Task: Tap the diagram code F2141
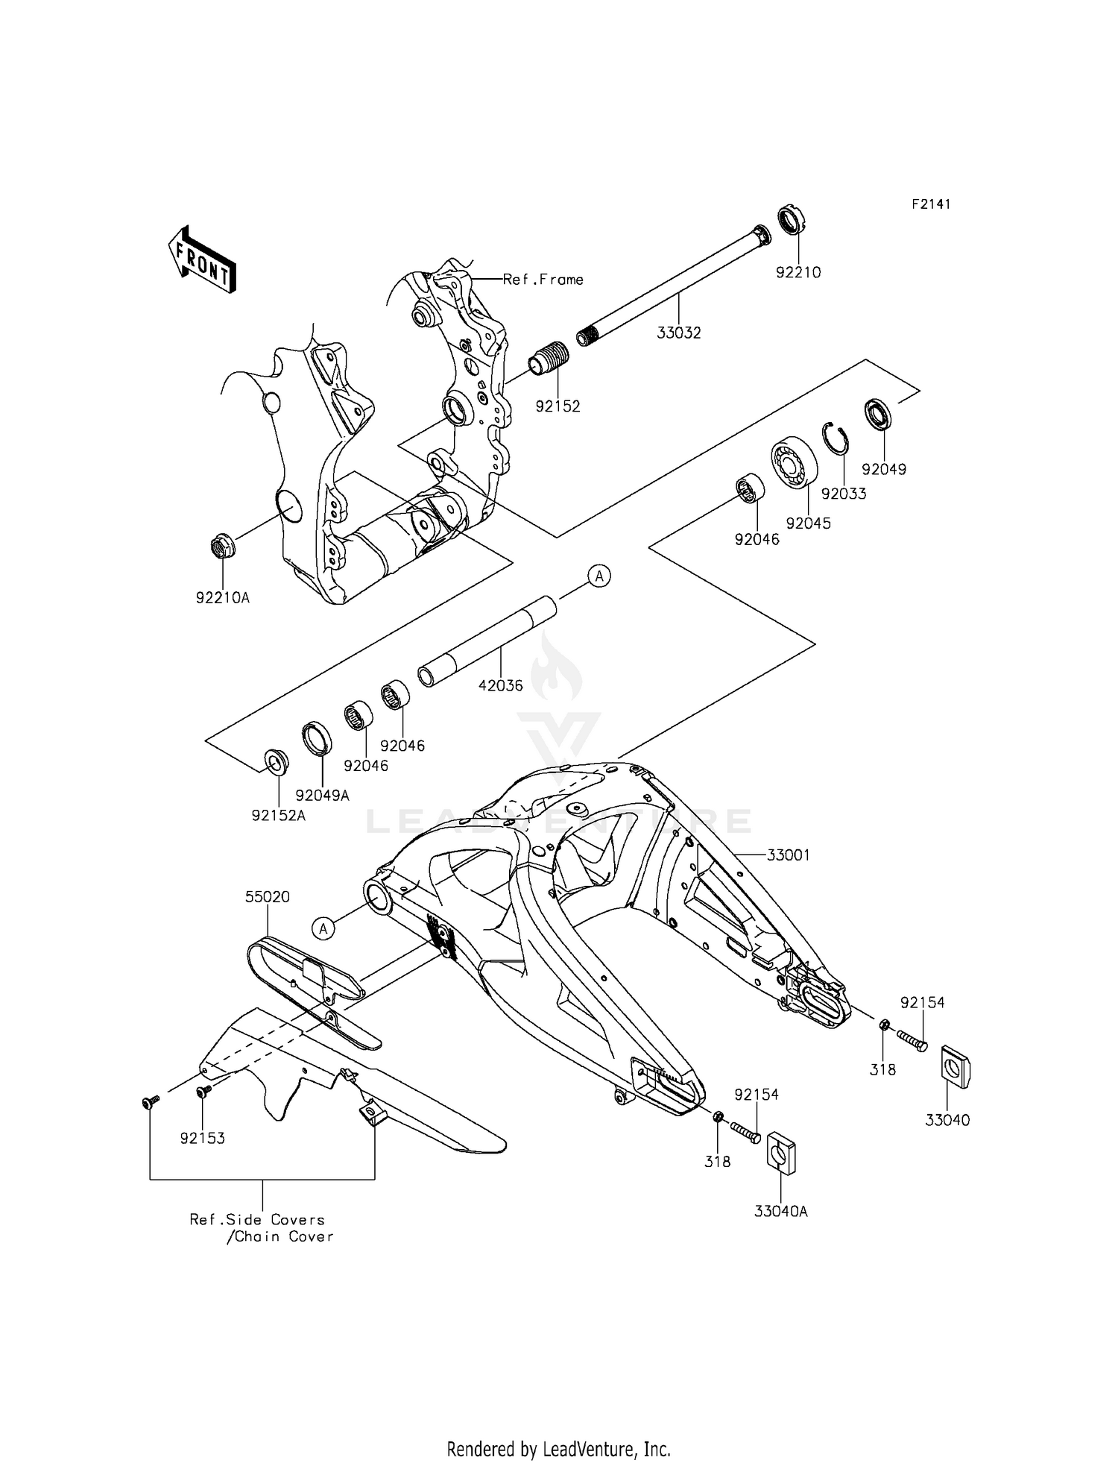pos(931,204)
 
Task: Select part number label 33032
pos(678,333)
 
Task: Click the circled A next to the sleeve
pos(599,576)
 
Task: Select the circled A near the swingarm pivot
pos(322,928)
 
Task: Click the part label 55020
pos(267,897)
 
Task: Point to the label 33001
pos(788,855)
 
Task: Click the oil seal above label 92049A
pos(317,738)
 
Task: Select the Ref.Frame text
pos(543,280)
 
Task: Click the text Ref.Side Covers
pos(257,1220)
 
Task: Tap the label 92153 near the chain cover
pos(202,1139)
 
